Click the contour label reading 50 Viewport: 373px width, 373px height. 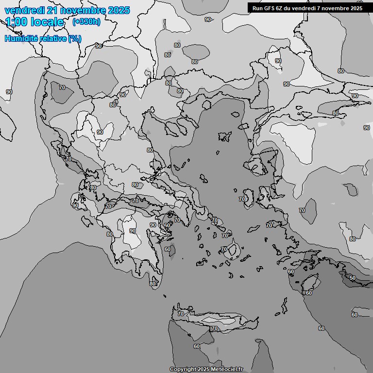[352, 278]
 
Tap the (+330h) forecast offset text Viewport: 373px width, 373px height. [86, 22]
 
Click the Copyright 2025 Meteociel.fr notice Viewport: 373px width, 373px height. [206, 370]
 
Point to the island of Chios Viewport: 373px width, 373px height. [249, 199]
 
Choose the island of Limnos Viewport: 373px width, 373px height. [225, 136]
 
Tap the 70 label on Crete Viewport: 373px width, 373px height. [214, 329]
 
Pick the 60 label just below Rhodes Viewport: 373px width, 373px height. [308, 293]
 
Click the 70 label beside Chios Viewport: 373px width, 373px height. [242, 199]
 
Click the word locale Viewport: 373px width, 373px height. [47, 22]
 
